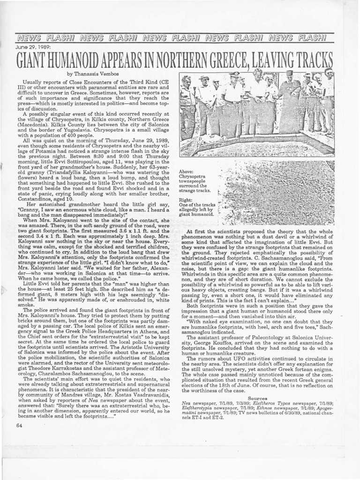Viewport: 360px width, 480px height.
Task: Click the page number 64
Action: tap(19, 425)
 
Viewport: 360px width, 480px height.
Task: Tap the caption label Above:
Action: tap(187, 172)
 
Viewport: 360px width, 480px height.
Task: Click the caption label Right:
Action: tap(187, 199)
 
